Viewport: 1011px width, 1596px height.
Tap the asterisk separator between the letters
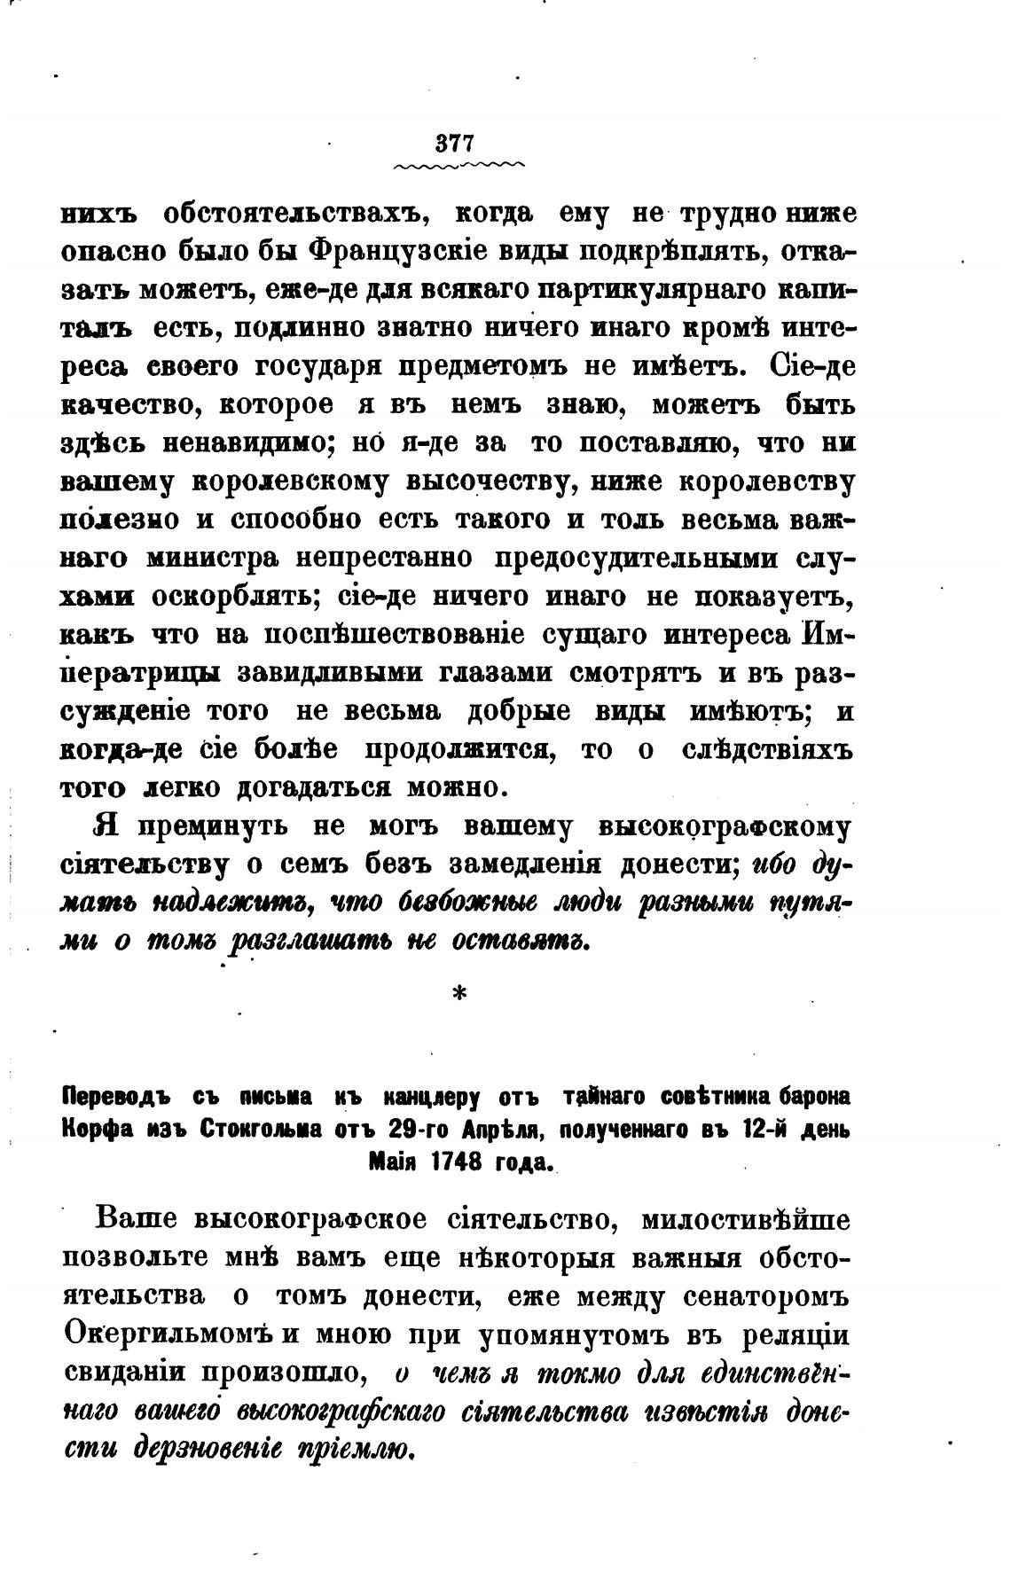coord(458,996)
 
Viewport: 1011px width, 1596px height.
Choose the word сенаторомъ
coord(768,1297)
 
